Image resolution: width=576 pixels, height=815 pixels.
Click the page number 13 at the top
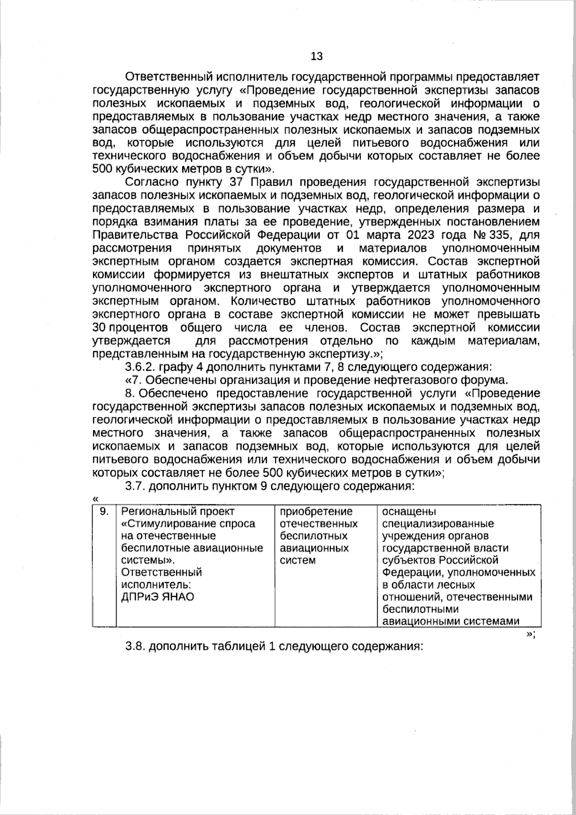[317, 56]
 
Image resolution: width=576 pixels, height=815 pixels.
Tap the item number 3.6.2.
[140, 367]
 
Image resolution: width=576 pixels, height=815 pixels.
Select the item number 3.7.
[134, 486]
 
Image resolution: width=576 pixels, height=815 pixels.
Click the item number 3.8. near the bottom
[134, 646]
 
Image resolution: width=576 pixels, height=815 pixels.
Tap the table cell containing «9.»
[104, 512]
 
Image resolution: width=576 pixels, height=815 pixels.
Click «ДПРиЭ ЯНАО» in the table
[158, 597]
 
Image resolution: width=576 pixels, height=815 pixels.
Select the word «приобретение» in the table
[316, 511]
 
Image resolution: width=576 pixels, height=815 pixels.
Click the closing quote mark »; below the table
[530, 633]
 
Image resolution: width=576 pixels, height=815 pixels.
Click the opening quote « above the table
[95, 499]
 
